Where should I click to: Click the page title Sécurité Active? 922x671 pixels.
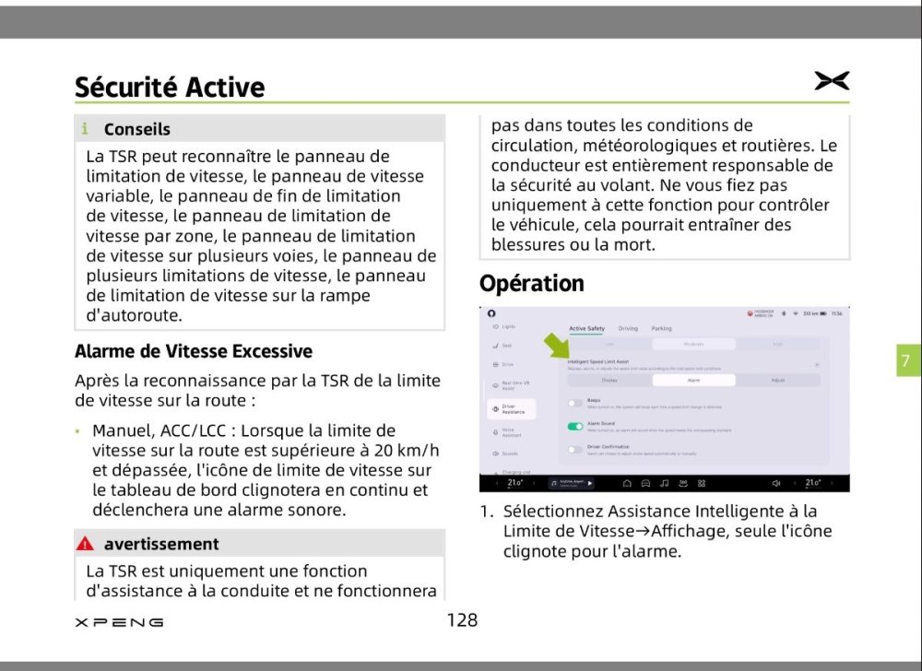170,87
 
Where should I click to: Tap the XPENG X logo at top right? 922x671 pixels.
832,81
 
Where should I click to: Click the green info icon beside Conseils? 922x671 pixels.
85,129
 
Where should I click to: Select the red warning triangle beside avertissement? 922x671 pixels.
86,544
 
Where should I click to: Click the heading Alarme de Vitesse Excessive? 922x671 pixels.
194,351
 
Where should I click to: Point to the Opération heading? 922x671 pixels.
532,283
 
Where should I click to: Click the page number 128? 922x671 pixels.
462,620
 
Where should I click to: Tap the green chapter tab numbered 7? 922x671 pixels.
904,360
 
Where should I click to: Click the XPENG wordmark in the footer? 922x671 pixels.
119,622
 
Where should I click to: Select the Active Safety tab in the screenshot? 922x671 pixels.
587,328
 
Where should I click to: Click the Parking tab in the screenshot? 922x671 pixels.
661,328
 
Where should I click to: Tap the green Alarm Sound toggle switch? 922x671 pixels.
575,427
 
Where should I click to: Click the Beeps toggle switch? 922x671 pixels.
575,403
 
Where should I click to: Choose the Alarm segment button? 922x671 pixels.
693,379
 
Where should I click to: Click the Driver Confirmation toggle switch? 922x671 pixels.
575,450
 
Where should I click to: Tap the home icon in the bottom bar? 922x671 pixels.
627,483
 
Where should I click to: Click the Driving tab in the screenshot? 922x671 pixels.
628,328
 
